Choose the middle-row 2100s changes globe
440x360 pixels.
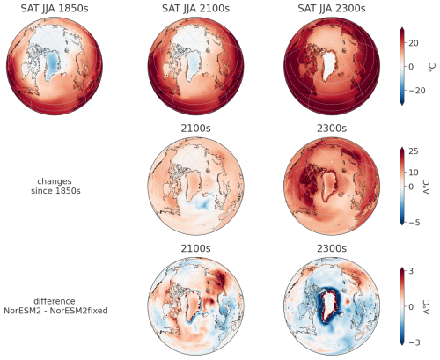192,185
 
